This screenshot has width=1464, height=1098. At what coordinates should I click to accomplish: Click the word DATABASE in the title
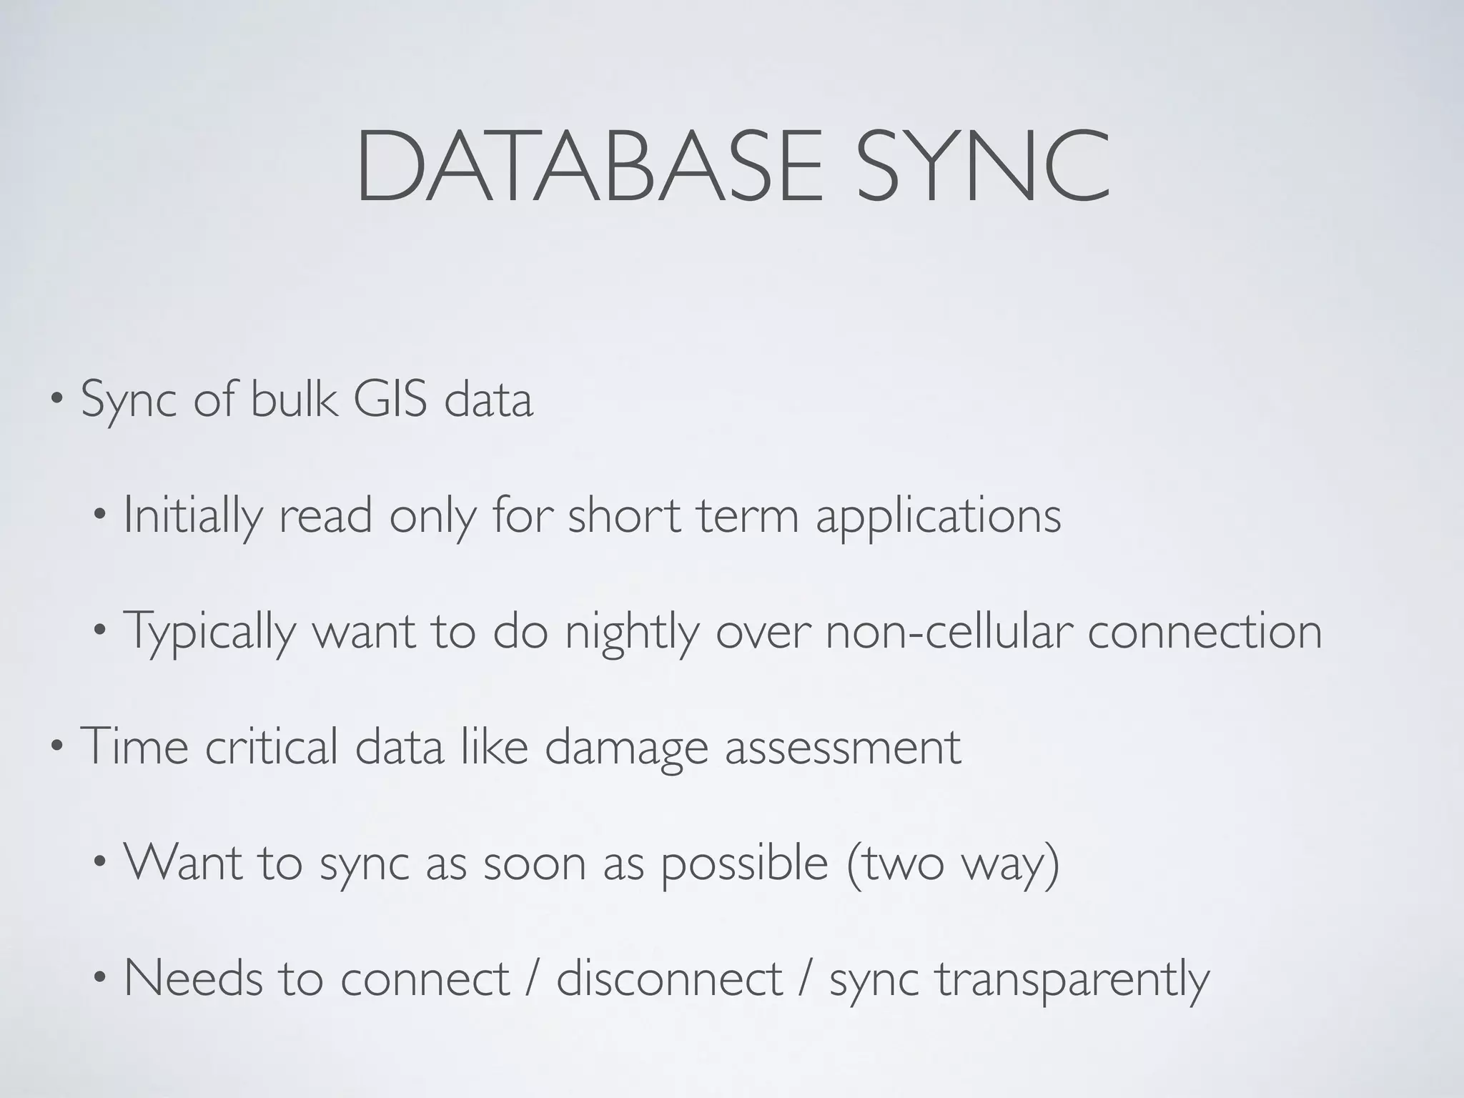[x=590, y=167]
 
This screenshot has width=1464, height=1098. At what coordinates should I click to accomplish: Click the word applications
[x=938, y=515]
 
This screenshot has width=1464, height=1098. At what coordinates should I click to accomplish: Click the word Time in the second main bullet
[x=134, y=746]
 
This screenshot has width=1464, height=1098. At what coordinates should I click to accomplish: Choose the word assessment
[x=843, y=748]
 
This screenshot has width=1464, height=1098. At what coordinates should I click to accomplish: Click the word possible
[x=743, y=864]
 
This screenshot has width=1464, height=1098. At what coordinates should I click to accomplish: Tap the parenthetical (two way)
[x=952, y=864]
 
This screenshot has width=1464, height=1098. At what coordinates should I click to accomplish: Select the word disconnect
[x=669, y=978]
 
